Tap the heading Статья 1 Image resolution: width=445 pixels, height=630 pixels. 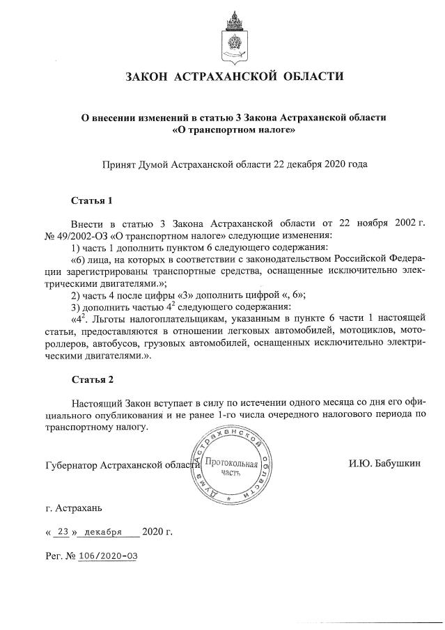(92, 201)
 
